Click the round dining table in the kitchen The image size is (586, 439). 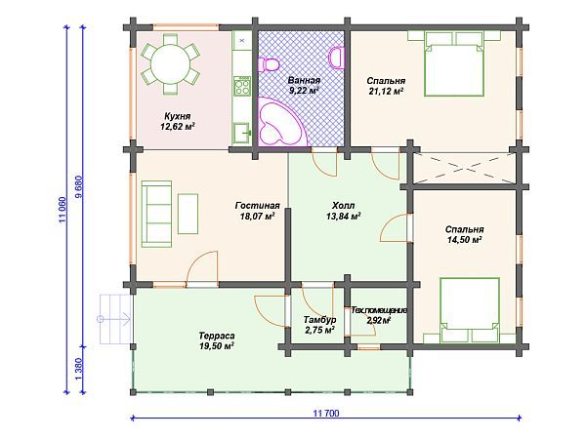point(170,63)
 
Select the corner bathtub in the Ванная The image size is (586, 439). point(281,121)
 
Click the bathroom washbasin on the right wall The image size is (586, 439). point(337,58)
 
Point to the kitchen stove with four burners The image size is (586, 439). point(241,86)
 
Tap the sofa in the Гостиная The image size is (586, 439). point(156,215)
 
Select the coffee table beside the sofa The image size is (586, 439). point(188,214)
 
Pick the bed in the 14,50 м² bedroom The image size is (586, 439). point(470,310)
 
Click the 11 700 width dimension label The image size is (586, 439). point(326,414)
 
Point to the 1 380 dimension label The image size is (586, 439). point(78,370)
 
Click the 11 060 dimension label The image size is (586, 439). point(63,210)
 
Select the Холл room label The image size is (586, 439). point(344,206)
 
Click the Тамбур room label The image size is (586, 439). point(319,320)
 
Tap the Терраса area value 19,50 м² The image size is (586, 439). point(217,346)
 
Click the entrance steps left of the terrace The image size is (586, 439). point(116,319)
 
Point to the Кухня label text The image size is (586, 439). point(178,116)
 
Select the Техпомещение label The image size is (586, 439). point(379,310)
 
